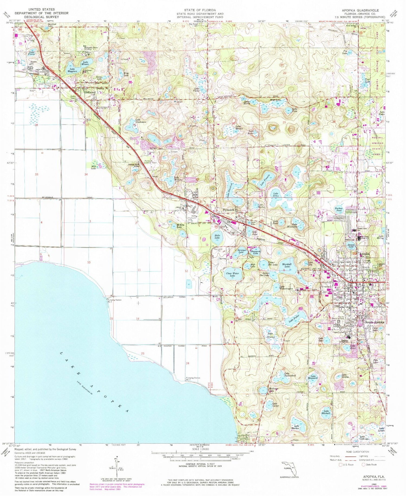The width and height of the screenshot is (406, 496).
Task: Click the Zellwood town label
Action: point(90,92)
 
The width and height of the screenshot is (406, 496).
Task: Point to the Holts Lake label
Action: point(217,237)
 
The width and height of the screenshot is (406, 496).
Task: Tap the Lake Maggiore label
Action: point(72,70)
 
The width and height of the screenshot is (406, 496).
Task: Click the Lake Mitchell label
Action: point(326,413)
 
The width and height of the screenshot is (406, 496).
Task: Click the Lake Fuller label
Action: point(294,320)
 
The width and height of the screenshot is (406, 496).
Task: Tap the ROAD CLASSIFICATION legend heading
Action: point(357,452)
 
